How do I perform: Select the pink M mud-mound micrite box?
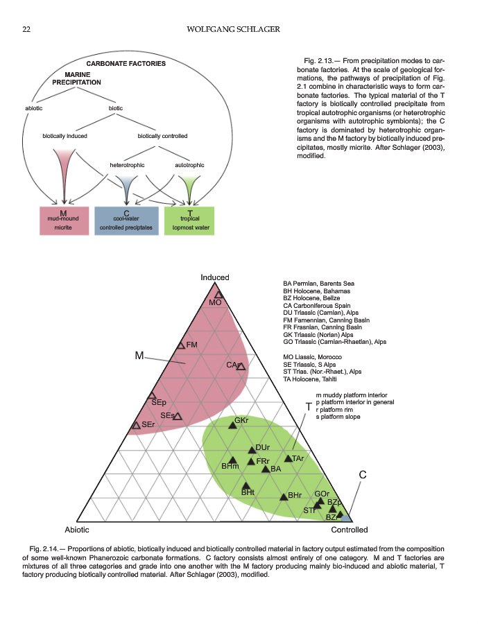64,220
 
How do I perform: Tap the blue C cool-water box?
127,220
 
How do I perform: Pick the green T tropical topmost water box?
189,220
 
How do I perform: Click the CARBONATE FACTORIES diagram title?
126,64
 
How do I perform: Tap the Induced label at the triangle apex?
215,277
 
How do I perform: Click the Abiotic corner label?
77,529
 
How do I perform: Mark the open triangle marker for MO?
218,295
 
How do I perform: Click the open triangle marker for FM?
181,345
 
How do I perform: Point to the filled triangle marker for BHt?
245,485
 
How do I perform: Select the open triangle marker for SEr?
136,425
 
